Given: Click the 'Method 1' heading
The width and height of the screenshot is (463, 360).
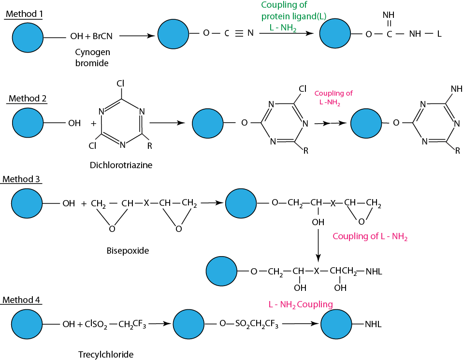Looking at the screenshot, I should [24, 14].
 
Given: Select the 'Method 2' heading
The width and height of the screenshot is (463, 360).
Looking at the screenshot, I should [28, 99].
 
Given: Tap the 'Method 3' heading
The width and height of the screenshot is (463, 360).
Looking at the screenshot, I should [21, 179].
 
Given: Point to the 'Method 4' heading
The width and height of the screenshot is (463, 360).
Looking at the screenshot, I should [21, 300].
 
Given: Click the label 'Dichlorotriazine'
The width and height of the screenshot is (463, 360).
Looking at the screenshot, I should [121, 165].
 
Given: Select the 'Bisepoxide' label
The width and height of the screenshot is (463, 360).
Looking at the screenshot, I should [128, 251].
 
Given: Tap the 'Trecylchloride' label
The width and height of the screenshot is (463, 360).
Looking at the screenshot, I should [106, 354].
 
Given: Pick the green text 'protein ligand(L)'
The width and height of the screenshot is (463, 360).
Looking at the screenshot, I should [294, 16].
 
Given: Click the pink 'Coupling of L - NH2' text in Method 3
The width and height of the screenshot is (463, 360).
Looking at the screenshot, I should [370, 237].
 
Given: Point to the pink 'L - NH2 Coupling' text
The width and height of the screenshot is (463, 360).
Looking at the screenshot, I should [301, 304].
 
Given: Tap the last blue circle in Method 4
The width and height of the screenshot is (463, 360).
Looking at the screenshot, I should [337, 324].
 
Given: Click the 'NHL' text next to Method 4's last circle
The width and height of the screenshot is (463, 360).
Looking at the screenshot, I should [373, 325].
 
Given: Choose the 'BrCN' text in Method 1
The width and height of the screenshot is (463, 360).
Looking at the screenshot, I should [102, 36].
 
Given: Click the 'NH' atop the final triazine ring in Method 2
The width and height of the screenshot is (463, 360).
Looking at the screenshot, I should [456, 89].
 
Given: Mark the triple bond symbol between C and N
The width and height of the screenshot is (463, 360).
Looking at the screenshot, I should [238, 33].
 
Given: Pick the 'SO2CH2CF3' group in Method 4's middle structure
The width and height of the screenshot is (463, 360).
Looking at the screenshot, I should [256, 324].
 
